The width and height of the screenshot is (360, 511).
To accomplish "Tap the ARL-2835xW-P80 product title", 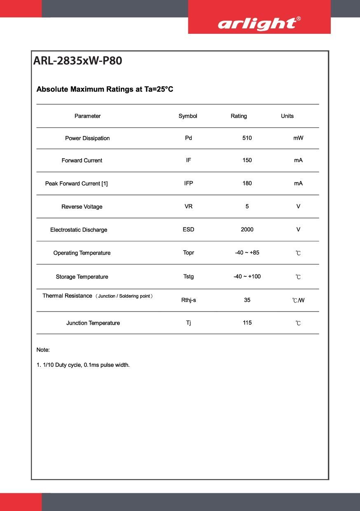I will (77, 61).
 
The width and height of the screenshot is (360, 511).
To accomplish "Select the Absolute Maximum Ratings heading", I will (105, 89).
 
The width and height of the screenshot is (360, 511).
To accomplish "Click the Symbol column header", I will (188, 116).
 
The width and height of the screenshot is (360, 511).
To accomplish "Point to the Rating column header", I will (238, 116).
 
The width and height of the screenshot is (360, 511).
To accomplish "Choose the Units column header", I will (287, 116).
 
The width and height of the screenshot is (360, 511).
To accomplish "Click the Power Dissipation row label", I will (87, 138).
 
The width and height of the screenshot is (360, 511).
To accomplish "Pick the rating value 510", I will (247, 138).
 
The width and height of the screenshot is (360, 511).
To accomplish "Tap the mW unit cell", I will (298, 138).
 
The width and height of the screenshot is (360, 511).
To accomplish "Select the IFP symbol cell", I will (189, 183).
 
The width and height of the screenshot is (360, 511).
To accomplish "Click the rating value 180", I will (247, 183).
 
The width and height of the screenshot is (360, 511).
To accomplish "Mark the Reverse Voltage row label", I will (82, 207).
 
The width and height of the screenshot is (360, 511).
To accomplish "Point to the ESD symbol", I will (189, 230).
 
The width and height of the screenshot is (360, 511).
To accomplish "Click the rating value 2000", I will (247, 230).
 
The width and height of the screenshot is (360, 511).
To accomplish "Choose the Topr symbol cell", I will (189, 253).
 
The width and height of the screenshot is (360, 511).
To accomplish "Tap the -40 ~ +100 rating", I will (247, 277).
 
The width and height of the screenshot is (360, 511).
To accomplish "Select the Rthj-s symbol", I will (189, 300).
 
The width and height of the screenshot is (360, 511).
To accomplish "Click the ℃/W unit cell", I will (298, 300).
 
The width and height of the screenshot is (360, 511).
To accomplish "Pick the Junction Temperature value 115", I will (247, 323).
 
